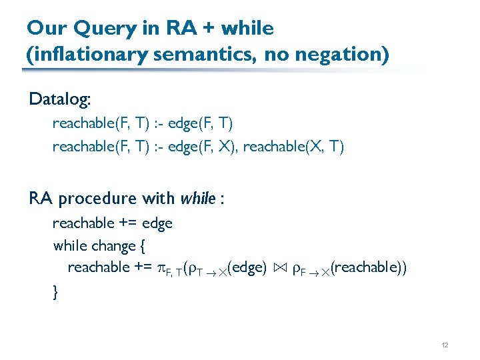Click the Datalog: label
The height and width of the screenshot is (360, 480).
61,100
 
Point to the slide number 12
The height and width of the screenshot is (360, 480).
445,345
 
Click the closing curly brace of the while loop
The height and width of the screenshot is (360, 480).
55,291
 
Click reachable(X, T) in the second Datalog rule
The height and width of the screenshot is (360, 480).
293,146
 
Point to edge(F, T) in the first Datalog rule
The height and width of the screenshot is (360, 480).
200,123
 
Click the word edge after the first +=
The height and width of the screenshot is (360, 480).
157,223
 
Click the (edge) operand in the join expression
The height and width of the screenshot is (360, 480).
247,268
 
